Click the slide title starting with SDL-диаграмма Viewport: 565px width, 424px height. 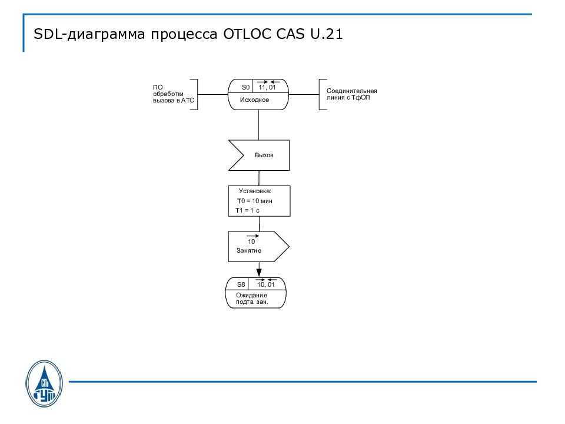188,34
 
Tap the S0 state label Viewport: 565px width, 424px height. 246,87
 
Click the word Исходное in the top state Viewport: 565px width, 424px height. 254,100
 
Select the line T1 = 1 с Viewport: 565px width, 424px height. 247,210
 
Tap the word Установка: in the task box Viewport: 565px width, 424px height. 255,191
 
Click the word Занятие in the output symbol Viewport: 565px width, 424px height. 249,251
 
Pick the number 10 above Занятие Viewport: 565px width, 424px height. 251,241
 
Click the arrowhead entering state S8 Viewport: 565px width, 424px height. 258,272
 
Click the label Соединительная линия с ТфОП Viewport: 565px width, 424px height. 351,94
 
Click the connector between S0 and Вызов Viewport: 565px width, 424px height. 258,124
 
